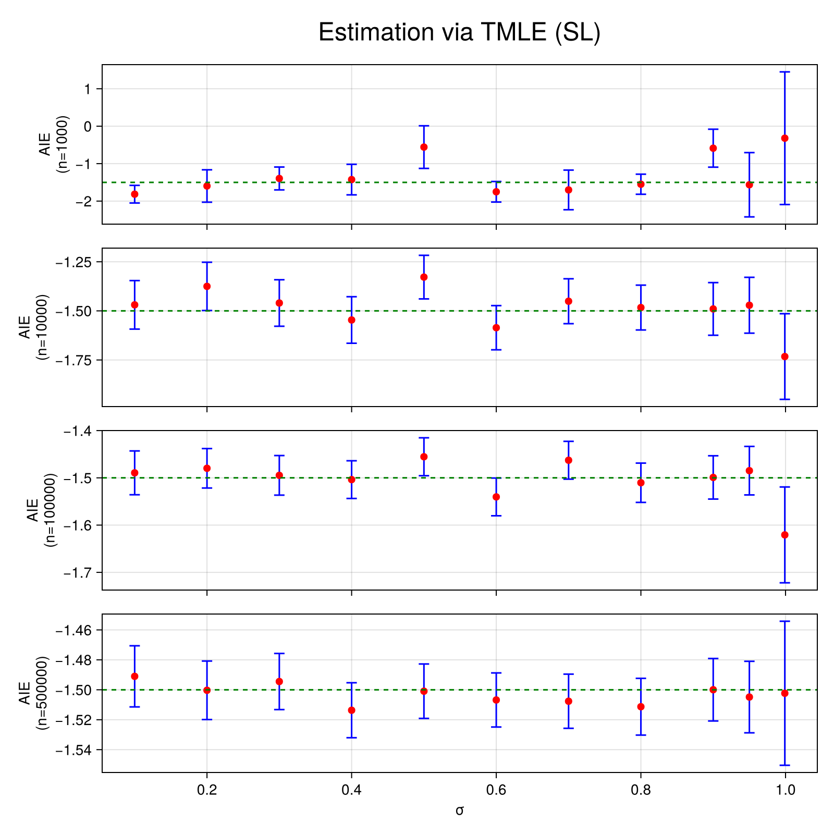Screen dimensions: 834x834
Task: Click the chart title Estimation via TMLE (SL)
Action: coord(459,32)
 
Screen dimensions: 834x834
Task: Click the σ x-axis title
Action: coord(459,811)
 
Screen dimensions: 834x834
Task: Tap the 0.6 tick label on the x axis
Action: coord(496,791)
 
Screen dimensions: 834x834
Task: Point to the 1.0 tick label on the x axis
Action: coord(785,791)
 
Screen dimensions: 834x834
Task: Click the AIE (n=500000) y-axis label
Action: coord(34,693)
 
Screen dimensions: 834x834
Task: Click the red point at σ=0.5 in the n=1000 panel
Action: coord(424,147)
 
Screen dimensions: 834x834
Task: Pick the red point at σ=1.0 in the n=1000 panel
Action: coord(785,138)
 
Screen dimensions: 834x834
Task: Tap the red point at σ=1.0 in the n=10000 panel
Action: coord(785,357)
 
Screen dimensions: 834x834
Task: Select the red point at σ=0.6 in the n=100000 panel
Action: coord(496,497)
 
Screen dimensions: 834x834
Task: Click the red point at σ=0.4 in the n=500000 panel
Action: coord(352,710)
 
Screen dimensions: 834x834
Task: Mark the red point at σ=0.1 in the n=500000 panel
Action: coord(135,676)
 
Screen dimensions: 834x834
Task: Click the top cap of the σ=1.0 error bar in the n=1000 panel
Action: coord(785,72)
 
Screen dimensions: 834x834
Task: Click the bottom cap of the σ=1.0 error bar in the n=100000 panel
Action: coord(785,583)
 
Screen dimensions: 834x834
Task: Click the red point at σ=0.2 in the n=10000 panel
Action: coord(207,286)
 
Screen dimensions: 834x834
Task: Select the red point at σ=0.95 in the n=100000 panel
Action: coord(749,471)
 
